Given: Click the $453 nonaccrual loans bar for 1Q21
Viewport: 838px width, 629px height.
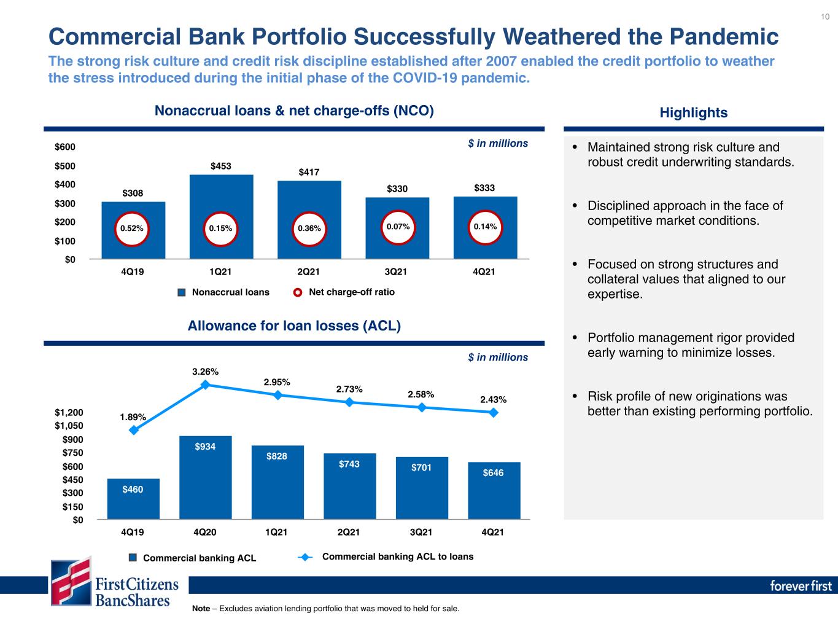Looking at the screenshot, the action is pyautogui.click(x=221, y=217).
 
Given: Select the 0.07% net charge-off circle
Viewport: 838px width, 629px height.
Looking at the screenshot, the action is pyautogui.click(x=398, y=227).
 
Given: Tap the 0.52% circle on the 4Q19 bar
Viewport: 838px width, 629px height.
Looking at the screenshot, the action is pyautogui.click(x=132, y=229).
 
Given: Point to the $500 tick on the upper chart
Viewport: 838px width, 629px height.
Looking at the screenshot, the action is pyautogui.click(x=65, y=166).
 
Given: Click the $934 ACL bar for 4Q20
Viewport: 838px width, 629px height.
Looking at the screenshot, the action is pyautogui.click(x=206, y=477).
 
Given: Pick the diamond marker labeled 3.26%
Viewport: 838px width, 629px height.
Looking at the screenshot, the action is pyautogui.click(x=205, y=385).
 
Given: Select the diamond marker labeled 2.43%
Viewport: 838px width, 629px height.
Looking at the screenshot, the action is pyautogui.click(x=493, y=412).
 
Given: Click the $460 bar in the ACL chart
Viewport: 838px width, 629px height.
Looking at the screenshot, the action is pyautogui.click(x=133, y=499).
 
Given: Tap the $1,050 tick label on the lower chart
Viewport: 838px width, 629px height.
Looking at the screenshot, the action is pyautogui.click(x=69, y=426).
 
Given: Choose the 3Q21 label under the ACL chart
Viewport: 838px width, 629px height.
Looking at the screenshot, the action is pyautogui.click(x=421, y=532).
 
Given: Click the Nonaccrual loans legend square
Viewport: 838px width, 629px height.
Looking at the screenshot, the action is pyautogui.click(x=182, y=292).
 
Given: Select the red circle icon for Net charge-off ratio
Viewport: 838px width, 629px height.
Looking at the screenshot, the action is pyautogui.click(x=298, y=292).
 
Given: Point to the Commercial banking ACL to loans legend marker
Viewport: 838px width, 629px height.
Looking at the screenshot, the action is pyautogui.click(x=305, y=557).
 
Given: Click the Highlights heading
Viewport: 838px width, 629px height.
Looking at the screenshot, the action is pyautogui.click(x=693, y=112).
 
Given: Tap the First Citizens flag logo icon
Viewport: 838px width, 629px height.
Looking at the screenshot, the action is pyautogui.click(x=71, y=581).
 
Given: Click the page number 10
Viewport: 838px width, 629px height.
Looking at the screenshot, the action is pyautogui.click(x=825, y=17).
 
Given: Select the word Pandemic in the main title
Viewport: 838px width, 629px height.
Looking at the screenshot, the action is pyautogui.click(x=724, y=37).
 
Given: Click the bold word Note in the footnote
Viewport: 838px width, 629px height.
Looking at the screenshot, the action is pyautogui.click(x=201, y=608).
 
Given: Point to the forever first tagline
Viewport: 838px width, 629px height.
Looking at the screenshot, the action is pyautogui.click(x=801, y=586).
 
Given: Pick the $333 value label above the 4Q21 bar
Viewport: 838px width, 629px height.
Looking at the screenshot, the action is pyautogui.click(x=484, y=188).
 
